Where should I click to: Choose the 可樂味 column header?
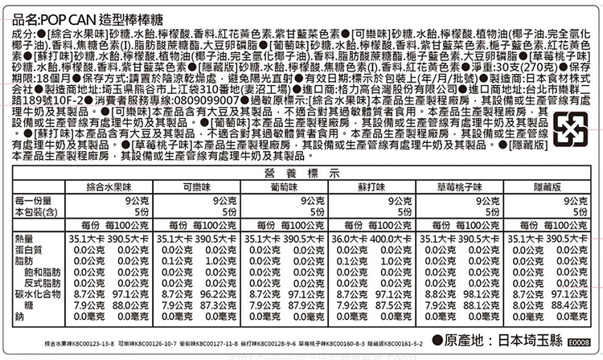click(197, 186)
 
